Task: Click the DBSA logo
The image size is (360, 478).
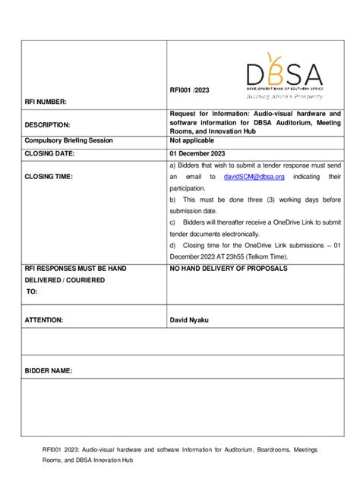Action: point(284,74)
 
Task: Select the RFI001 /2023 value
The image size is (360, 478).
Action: point(190,90)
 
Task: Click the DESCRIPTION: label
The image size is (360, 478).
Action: point(47,124)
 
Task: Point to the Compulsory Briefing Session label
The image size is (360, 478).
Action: point(68,140)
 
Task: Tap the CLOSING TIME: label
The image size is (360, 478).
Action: point(49,177)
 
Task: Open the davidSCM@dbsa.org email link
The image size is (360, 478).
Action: point(254,177)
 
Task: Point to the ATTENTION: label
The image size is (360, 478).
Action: point(44,320)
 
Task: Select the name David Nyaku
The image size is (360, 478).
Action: point(189,320)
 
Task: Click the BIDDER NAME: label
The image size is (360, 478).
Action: point(49,371)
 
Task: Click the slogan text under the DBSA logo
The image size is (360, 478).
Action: point(284,96)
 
